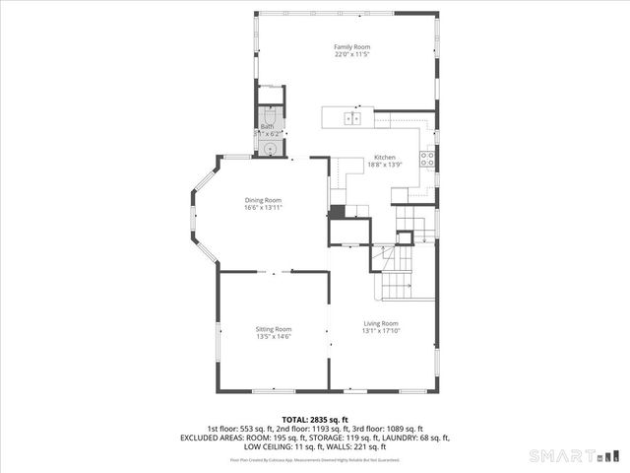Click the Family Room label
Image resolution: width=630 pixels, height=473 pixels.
pyautogui.click(x=351, y=46)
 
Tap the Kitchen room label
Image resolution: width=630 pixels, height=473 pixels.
pyautogui.click(x=384, y=159)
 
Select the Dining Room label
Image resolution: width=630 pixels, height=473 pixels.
pyautogui.click(x=263, y=200)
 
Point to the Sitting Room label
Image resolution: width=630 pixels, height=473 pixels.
pyautogui.click(x=275, y=329)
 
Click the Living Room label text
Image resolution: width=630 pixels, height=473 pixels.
pyautogui.click(x=382, y=323)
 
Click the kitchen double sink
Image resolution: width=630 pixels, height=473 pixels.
pyautogui.click(x=351, y=118)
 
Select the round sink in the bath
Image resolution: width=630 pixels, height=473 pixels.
pyautogui.click(x=269, y=149)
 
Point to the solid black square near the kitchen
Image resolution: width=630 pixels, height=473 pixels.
pyautogui.click(x=337, y=211)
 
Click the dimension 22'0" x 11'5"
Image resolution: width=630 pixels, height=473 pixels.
pyautogui.click(x=351, y=54)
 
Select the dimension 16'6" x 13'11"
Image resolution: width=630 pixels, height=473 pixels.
pyautogui.click(x=263, y=208)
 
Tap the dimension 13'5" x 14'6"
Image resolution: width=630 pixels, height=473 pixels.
pyautogui.click(x=275, y=337)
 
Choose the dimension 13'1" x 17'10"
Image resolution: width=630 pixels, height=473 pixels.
pyautogui.click(x=382, y=331)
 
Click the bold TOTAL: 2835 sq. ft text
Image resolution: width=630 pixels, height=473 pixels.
pyautogui.click(x=315, y=420)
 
